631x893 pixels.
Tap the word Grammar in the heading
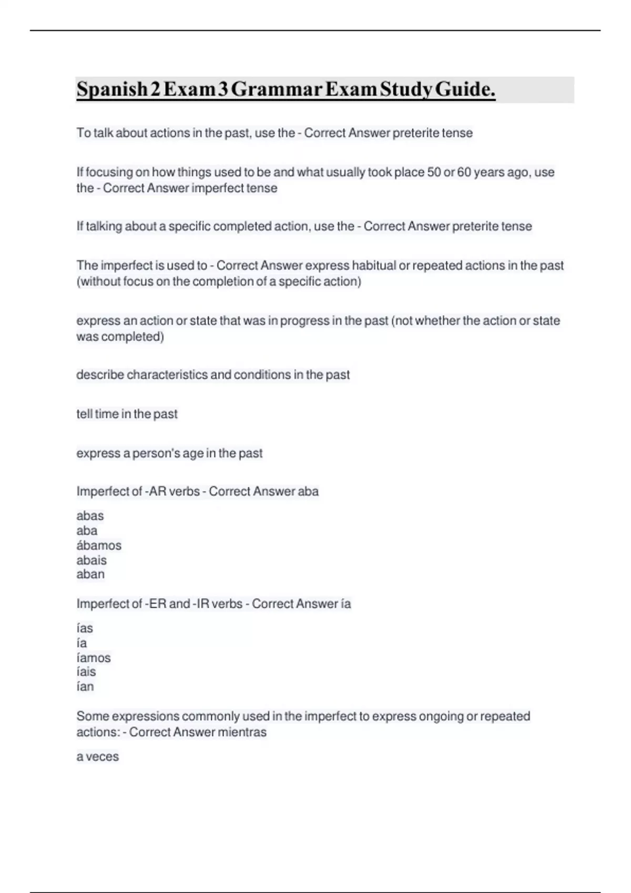point(276,90)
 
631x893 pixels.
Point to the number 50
point(434,172)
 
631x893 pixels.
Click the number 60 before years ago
point(464,172)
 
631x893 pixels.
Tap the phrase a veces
point(98,757)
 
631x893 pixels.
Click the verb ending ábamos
point(99,545)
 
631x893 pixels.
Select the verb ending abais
point(91,560)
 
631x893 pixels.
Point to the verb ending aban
point(90,574)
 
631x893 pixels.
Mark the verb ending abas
point(90,516)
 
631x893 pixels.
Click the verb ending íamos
point(94,658)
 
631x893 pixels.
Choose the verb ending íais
point(86,672)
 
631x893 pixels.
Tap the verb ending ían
point(85,687)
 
